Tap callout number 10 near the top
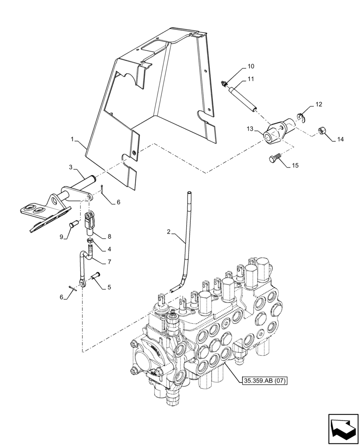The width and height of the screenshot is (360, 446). point(251,66)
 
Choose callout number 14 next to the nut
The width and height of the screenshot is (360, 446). point(340,140)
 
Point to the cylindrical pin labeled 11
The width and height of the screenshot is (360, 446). point(241,99)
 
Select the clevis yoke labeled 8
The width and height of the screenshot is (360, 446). point(89,223)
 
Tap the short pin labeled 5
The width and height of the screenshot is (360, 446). point(96,277)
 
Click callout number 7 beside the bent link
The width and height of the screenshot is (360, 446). point(109,261)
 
